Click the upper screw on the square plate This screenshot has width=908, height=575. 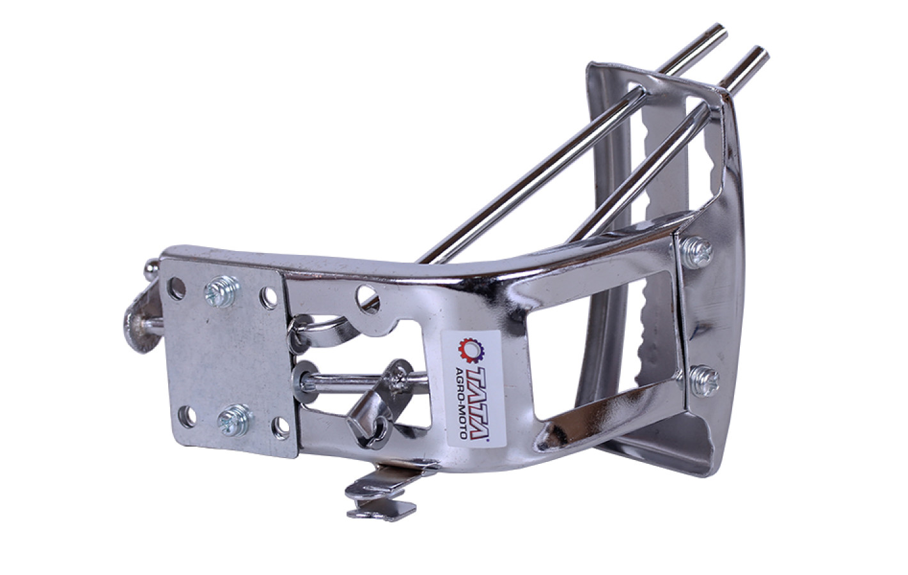pyautogui.click(x=221, y=291)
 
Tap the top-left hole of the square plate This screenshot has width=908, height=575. pyautogui.click(x=176, y=288)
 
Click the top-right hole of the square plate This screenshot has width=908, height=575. pyautogui.click(x=269, y=298)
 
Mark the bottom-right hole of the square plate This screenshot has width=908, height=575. pyautogui.click(x=281, y=429)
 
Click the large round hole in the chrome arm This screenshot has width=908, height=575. pyautogui.click(x=367, y=298)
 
